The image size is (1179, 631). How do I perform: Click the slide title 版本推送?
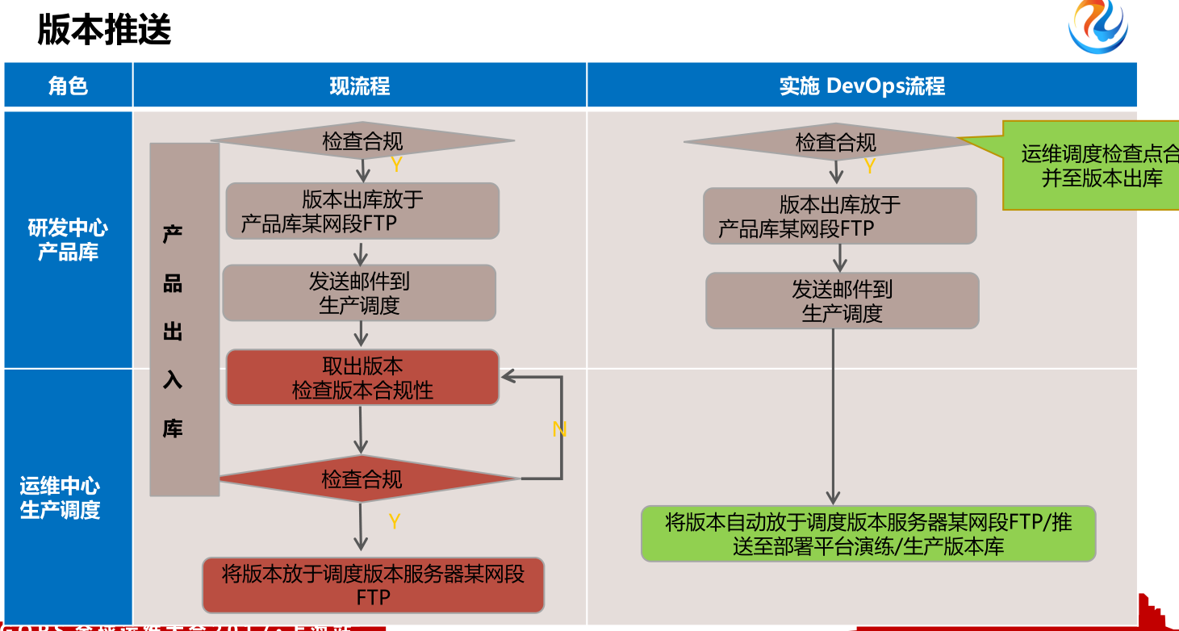pyautogui.click(x=104, y=31)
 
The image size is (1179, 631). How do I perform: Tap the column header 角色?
pyautogui.click(x=68, y=86)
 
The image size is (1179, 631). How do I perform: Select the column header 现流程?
pyautogui.click(x=359, y=86)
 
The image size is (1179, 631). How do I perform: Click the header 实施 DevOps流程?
pyautogui.click(x=861, y=86)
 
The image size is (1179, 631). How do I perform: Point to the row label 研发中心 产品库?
pyautogui.click(x=68, y=240)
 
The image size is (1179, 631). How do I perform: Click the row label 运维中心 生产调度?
pyautogui.click(x=60, y=498)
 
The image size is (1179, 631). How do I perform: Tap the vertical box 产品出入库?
pyautogui.click(x=184, y=320)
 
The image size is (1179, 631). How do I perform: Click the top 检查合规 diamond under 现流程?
pyautogui.click(x=362, y=141)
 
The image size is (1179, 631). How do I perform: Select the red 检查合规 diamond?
pyautogui.click(x=362, y=479)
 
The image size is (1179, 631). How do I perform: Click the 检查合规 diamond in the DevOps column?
pyautogui.click(x=835, y=143)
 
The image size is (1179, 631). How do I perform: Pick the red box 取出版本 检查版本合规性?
pyautogui.click(x=362, y=378)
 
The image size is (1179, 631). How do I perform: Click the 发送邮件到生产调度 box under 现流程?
pyautogui.click(x=359, y=293)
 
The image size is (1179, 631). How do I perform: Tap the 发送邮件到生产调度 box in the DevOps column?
pyautogui.click(x=842, y=300)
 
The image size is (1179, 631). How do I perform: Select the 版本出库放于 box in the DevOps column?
pyautogui.click(x=839, y=216)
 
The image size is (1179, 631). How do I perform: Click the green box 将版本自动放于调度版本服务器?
pyautogui.click(x=868, y=533)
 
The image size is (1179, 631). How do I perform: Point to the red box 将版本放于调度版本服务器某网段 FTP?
pyautogui.click(x=373, y=585)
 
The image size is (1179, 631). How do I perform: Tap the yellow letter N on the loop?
pyautogui.click(x=559, y=430)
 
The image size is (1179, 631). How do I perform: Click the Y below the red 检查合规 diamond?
pyautogui.click(x=394, y=521)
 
